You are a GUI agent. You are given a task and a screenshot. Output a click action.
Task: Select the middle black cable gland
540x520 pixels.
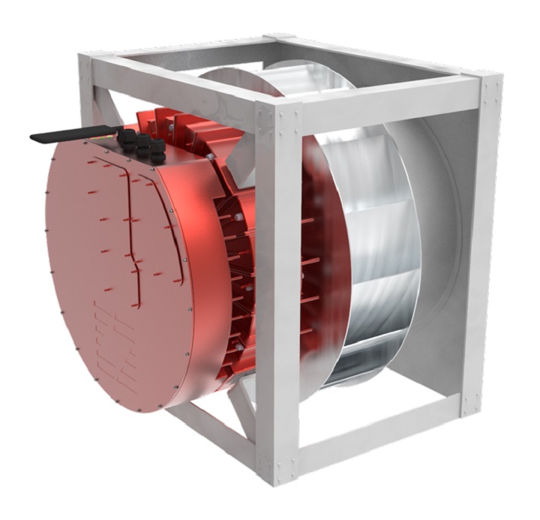[x=142, y=143]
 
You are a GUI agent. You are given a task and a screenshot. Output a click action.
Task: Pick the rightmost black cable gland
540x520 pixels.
[x=157, y=149]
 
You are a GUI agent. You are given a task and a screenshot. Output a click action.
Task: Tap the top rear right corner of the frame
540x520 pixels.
[x=487, y=83]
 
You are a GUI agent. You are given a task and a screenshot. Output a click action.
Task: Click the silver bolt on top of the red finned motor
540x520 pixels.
[x=212, y=155]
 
